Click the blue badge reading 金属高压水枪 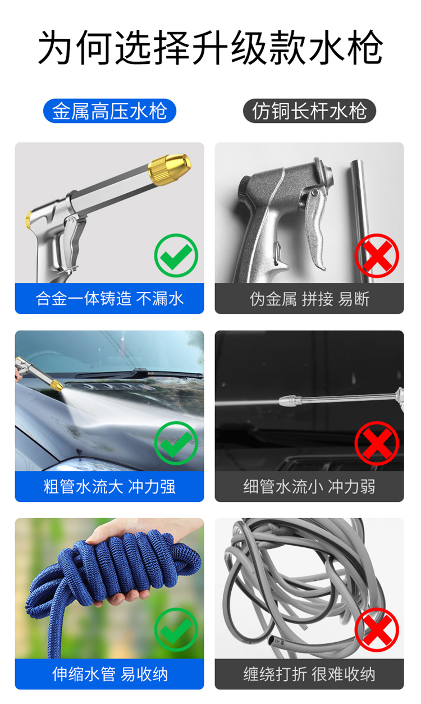(109, 111)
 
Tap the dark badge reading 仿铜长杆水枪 (309, 111)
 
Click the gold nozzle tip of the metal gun (170, 169)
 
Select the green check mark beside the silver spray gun (176, 255)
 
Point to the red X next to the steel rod (377, 255)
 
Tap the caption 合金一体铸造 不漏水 (109, 299)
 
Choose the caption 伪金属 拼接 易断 (309, 299)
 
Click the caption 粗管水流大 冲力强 (109, 487)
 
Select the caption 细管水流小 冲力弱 (309, 487)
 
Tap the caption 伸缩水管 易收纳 (109, 674)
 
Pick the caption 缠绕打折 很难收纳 (309, 674)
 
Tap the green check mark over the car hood (176, 443)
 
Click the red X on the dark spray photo (377, 443)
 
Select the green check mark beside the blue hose (176, 629)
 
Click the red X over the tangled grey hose (377, 629)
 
